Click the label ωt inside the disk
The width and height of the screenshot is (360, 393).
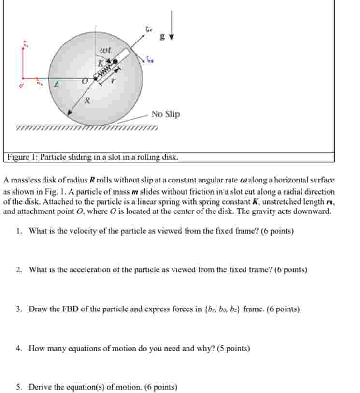(105, 50)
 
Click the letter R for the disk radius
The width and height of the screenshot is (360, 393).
(87, 101)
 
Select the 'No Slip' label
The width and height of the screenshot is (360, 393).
(165, 114)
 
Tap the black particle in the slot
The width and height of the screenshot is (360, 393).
(115, 62)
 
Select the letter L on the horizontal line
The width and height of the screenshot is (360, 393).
(57, 84)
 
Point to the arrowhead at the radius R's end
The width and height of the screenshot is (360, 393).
(70, 112)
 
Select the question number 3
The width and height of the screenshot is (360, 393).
(18, 309)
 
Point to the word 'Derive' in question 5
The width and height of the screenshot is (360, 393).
(40, 387)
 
